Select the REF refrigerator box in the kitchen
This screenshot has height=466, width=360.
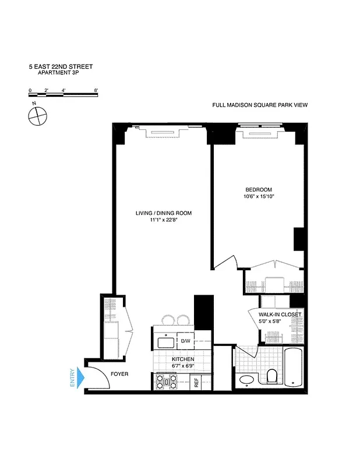pyautogui.click(x=196, y=382)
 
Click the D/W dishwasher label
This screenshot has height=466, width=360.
pyautogui.click(x=185, y=341)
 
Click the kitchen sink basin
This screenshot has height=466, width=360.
pyautogui.click(x=163, y=341)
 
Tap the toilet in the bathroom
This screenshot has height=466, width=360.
pyautogui.click(x=271, y=377)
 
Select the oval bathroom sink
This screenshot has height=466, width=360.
pyautogui.click(x=246, y=380)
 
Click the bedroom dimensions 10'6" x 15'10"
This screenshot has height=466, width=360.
pyautogui.click(x=258, y=197)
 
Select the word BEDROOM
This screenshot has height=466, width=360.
pyautogui.click(x=258, y=190)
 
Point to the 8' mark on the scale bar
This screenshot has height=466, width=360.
pyautogui.click(x=96, y=90)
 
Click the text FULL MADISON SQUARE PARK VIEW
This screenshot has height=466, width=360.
pyautogui.click(x=259, y=105)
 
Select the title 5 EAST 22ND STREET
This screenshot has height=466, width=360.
pyautogui.click(x=61, y=66)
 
